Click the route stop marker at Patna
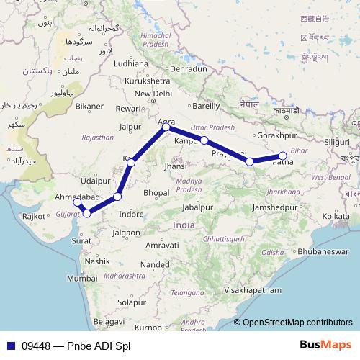pos(283,156)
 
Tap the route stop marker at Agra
pos(166,127)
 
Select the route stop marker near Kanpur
pos(204,140)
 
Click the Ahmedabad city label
pos(76,197)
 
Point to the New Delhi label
pos(153,94)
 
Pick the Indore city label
pos(131,215)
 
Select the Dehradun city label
pos(189,68)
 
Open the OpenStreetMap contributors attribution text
pos(297,323)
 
